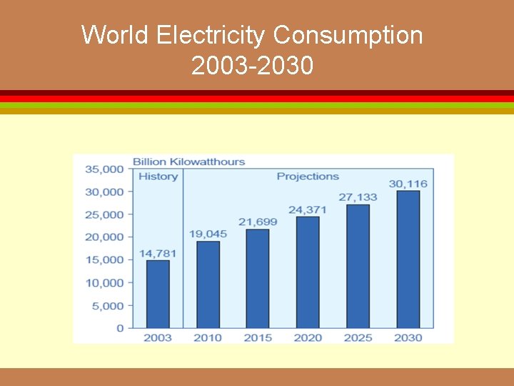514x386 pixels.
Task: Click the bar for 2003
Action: tap(158, 294)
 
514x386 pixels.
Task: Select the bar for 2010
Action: tap(208, 284)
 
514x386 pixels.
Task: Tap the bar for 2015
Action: tap(258, 279)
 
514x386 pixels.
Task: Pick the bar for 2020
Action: tap(308, 272)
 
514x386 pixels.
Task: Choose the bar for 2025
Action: tap(358, 266)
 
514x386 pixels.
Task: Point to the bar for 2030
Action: tap(408, 259)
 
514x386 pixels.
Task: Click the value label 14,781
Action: tap(158, 253)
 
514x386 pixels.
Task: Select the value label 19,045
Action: tap(208, 234)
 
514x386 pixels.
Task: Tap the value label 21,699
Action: tap(258, 222)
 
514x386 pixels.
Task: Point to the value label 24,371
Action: tap(308, 209)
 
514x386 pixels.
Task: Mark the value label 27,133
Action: tap(358, 197)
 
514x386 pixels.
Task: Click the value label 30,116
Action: tap(408, 184)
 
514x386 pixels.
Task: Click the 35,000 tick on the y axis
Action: tap(104, 169)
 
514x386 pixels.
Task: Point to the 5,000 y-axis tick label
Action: tap(107, 305)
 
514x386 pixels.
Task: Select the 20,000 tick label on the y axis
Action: tap(104, 237)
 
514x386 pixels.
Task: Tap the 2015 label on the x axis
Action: tap(258, 337)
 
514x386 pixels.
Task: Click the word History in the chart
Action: tap(158, 177)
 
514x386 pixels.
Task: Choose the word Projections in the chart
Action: tap(308, 177)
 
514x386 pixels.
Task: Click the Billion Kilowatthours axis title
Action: tap(188, 162)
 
